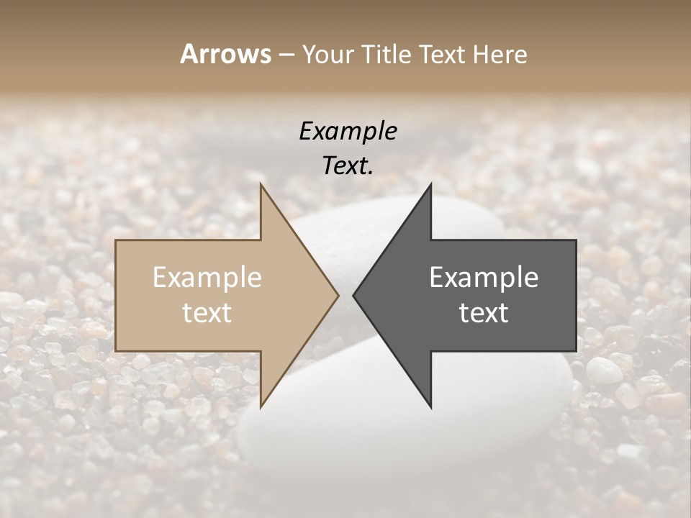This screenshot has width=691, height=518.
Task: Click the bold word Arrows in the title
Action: (x=225, y=54)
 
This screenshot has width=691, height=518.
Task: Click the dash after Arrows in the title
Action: (x=286, y=55)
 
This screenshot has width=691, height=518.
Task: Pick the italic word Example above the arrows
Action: (x=348, y=131)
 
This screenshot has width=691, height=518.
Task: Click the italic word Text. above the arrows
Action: (x=348, y=165)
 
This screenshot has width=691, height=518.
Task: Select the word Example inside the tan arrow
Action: (x=207, y=277)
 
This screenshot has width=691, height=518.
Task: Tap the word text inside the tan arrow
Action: (x=207, y=312)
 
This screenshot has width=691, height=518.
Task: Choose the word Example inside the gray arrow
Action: (x=484, y=277)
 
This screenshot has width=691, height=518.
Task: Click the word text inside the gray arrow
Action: (x=484, y=312)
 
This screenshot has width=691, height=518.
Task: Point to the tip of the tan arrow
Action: (x=338, y=295)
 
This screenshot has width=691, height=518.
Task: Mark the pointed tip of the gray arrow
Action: (x=353, y=295)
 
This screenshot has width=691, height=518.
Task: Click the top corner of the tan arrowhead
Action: (x=261, y=184)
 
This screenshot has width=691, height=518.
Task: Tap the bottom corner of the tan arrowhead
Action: (x=261, y=407)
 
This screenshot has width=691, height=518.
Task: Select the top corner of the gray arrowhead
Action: (x=430, y=184)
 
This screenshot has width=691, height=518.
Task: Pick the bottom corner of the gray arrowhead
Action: (x=430, y=407)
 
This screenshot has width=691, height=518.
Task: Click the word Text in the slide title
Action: (x=442, y=54)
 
